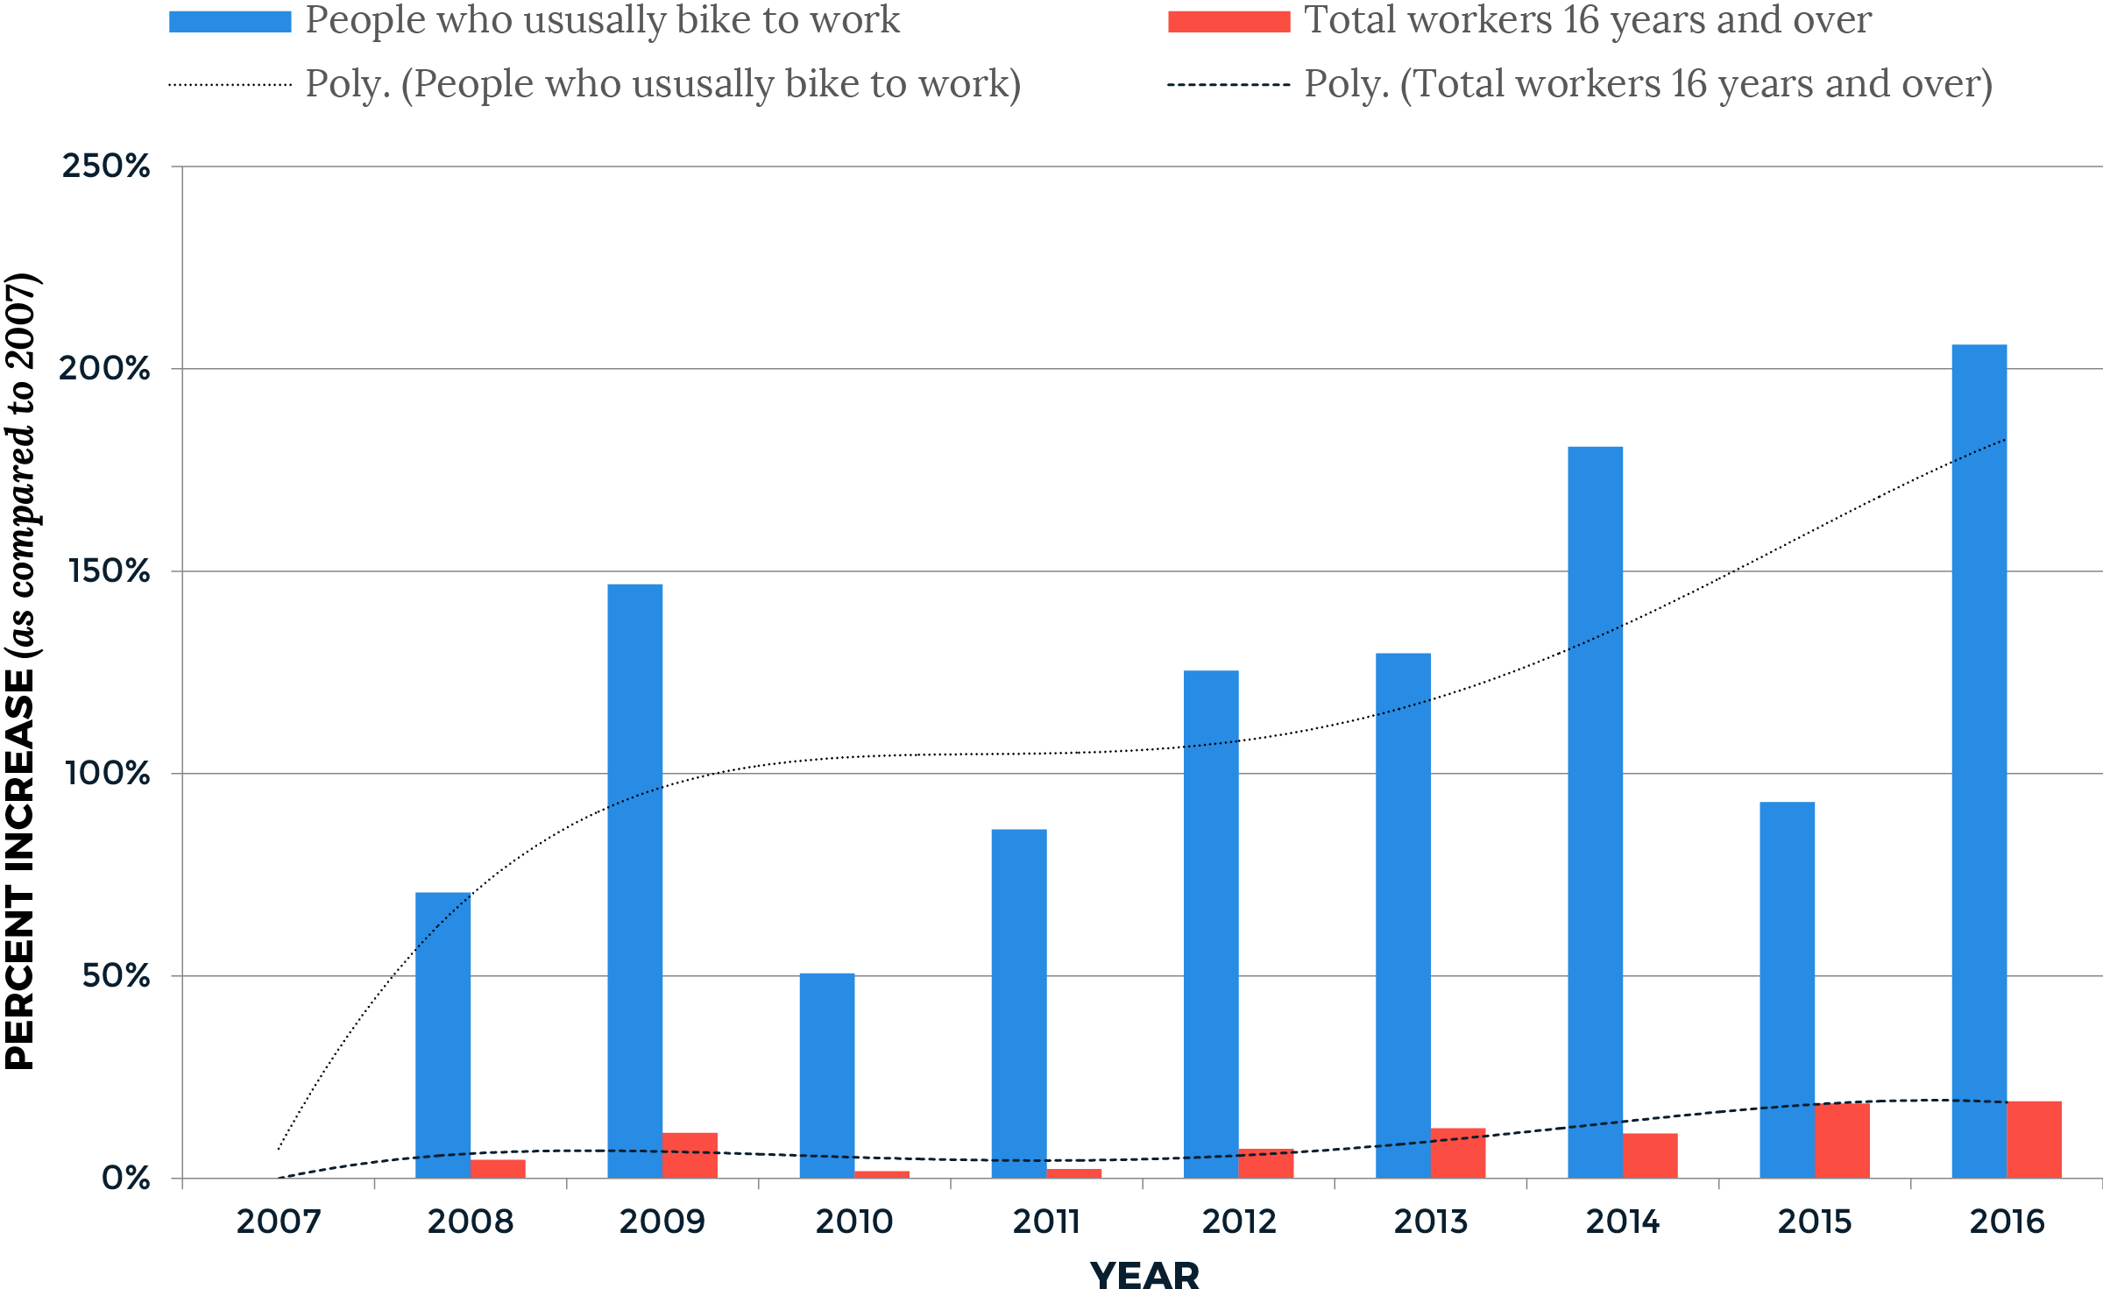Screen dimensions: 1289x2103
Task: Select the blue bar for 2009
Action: click(635, 881)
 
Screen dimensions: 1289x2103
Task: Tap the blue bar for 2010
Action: click(827, 1075)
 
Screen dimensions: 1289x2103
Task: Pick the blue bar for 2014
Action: click(1595, 812)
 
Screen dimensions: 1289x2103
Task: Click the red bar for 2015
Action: click(1842, 1140)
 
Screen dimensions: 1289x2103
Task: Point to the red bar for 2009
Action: click(690, 1155)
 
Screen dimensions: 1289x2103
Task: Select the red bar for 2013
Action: click(1458, 1153)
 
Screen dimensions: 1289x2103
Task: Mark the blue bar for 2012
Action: click(1211, 924)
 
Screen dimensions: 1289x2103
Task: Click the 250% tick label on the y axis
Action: click(106, 166)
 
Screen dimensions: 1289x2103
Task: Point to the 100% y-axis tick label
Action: click(108, 774)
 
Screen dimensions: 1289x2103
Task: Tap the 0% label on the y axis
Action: click(125, 1179)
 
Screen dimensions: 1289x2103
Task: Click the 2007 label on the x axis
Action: click(279, 1222)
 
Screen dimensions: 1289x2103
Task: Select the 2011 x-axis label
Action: click(1046, 1222)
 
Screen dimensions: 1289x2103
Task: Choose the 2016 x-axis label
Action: click(2007, 1222)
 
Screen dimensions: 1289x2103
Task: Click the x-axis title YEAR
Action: click(1144, 1275)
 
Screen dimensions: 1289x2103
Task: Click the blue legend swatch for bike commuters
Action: click(230, 22)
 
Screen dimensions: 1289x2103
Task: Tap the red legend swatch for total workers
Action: click(1229, 22)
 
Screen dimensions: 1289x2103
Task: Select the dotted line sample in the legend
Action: click(230, 85)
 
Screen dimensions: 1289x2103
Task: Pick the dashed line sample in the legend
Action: click(1229, 85)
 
